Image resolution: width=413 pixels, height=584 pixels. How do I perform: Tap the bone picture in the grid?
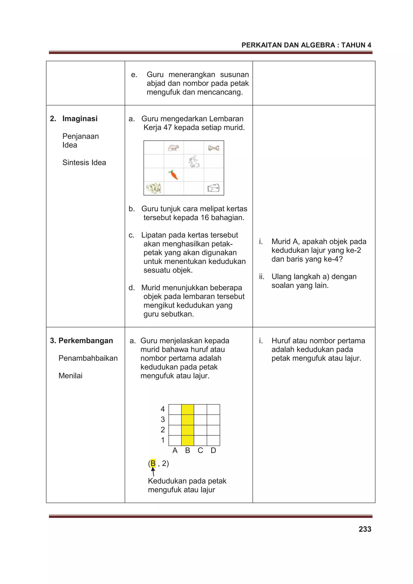coord(214,148)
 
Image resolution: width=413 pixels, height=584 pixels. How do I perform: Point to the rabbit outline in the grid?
coord(194,161)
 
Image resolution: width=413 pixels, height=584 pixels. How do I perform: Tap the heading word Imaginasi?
coord(80,119)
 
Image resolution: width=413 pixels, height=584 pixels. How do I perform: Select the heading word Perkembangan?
coord(86,340)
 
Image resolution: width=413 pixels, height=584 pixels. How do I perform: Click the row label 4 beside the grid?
coord(163,409)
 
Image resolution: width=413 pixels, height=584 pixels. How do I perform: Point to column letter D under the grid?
coord(213,451)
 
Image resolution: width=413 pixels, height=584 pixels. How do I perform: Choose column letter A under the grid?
coord(175,451)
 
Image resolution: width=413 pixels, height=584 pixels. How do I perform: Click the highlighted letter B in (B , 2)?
coord(153,463)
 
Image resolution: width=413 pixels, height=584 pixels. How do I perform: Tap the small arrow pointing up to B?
coord(153,472)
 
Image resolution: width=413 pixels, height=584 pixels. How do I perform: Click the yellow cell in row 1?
coord(188,440)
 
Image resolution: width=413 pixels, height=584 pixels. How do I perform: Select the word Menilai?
coord(71,376)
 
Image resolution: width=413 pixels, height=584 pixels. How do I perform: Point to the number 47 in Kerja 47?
coord(168,127)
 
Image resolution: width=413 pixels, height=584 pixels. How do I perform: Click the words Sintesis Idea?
coord(84,162)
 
